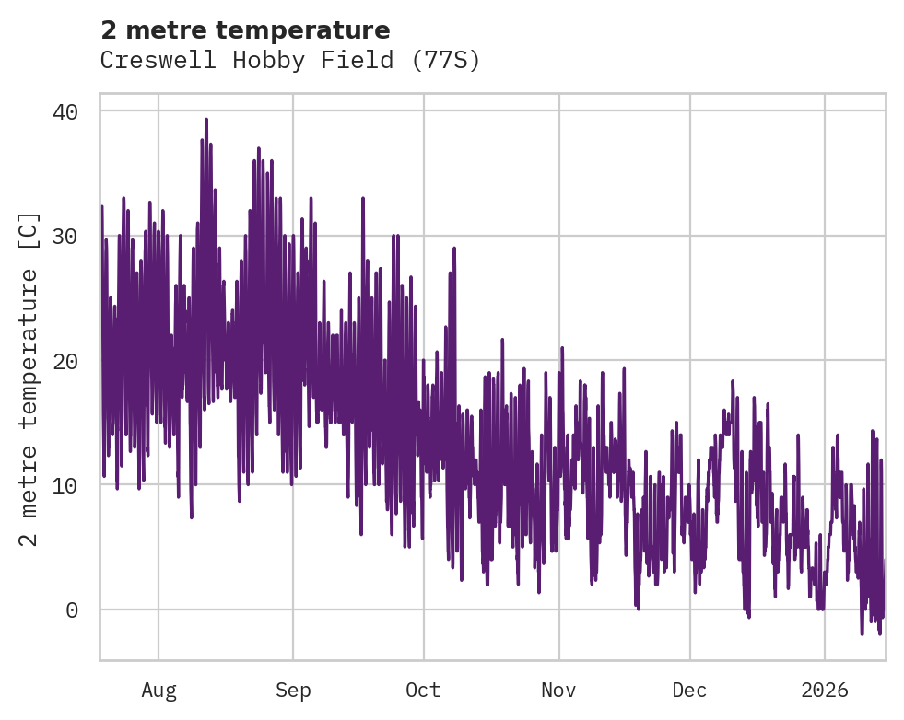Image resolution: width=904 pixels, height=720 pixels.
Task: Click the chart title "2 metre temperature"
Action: (245, 30)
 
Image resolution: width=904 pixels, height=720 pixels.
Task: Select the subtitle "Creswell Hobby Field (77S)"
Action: (290, 61)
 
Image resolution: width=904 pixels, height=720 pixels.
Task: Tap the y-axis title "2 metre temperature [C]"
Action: (29, 378)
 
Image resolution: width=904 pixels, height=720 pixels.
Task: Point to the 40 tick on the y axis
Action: (65, 111)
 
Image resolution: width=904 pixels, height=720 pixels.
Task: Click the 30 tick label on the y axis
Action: (65, 236)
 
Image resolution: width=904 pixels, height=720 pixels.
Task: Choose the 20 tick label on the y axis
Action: (65, 361)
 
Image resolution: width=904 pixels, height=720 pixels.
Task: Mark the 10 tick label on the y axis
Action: (65, 485)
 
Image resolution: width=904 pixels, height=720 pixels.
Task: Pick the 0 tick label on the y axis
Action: (72, 610)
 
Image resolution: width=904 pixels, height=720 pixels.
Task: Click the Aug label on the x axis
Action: (158, 691)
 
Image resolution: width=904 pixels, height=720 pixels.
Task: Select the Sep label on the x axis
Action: (293, 691)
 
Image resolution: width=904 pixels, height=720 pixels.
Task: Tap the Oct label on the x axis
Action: (424, 691)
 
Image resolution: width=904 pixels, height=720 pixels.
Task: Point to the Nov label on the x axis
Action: (558, 691)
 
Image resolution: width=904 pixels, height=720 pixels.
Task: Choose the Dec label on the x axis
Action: (689, 691)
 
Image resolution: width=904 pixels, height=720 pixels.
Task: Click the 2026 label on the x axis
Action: (824, 691)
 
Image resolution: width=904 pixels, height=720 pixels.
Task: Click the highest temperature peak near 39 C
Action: (206, 120)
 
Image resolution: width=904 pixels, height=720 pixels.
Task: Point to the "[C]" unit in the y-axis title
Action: (29, 230)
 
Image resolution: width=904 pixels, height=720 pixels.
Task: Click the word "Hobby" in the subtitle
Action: (264, 61)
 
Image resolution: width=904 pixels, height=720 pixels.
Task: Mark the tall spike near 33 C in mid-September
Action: (362, 199)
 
